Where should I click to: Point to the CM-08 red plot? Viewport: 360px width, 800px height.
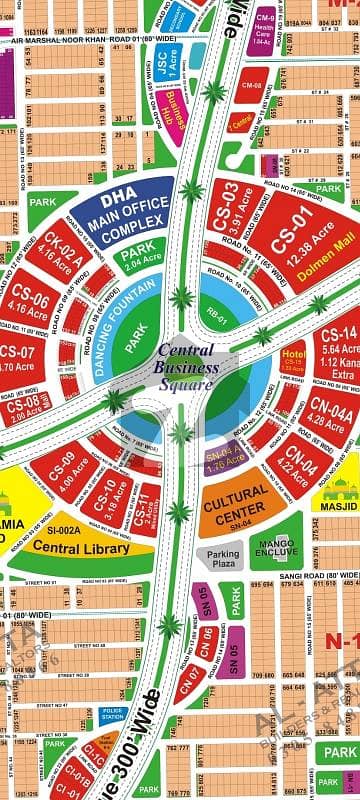251,85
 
